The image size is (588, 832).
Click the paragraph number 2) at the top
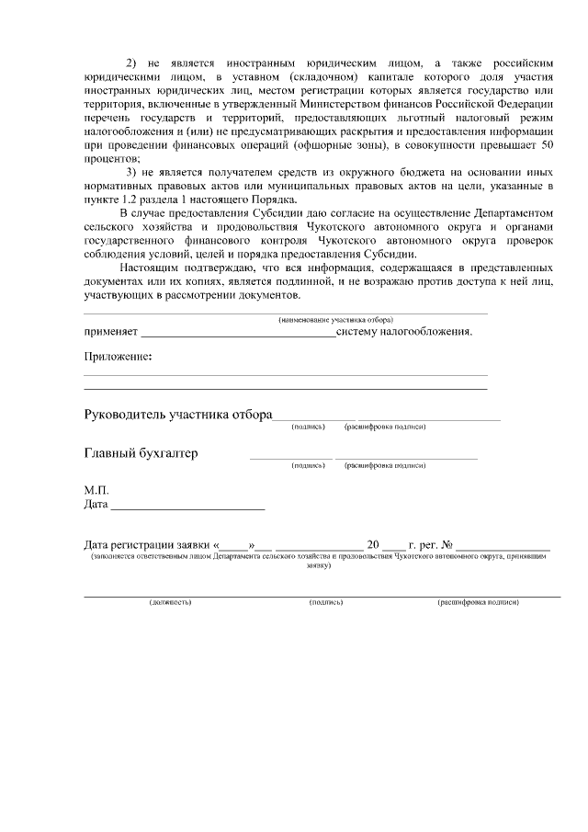(131, 63)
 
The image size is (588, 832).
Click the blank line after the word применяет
(238, 332)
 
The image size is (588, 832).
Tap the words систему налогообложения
(405, 331)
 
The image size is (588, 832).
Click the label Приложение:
(119, 357)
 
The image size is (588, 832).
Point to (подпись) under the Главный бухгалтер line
(308, 466)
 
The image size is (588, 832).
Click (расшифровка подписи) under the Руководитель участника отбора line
(384, 427)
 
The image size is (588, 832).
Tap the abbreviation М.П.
(96, 491)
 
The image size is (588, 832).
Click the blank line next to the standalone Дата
(188, 505)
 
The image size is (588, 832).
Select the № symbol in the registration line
(447, 544)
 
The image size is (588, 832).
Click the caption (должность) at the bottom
(170, 602)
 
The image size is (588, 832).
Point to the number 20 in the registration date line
(373, 544)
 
